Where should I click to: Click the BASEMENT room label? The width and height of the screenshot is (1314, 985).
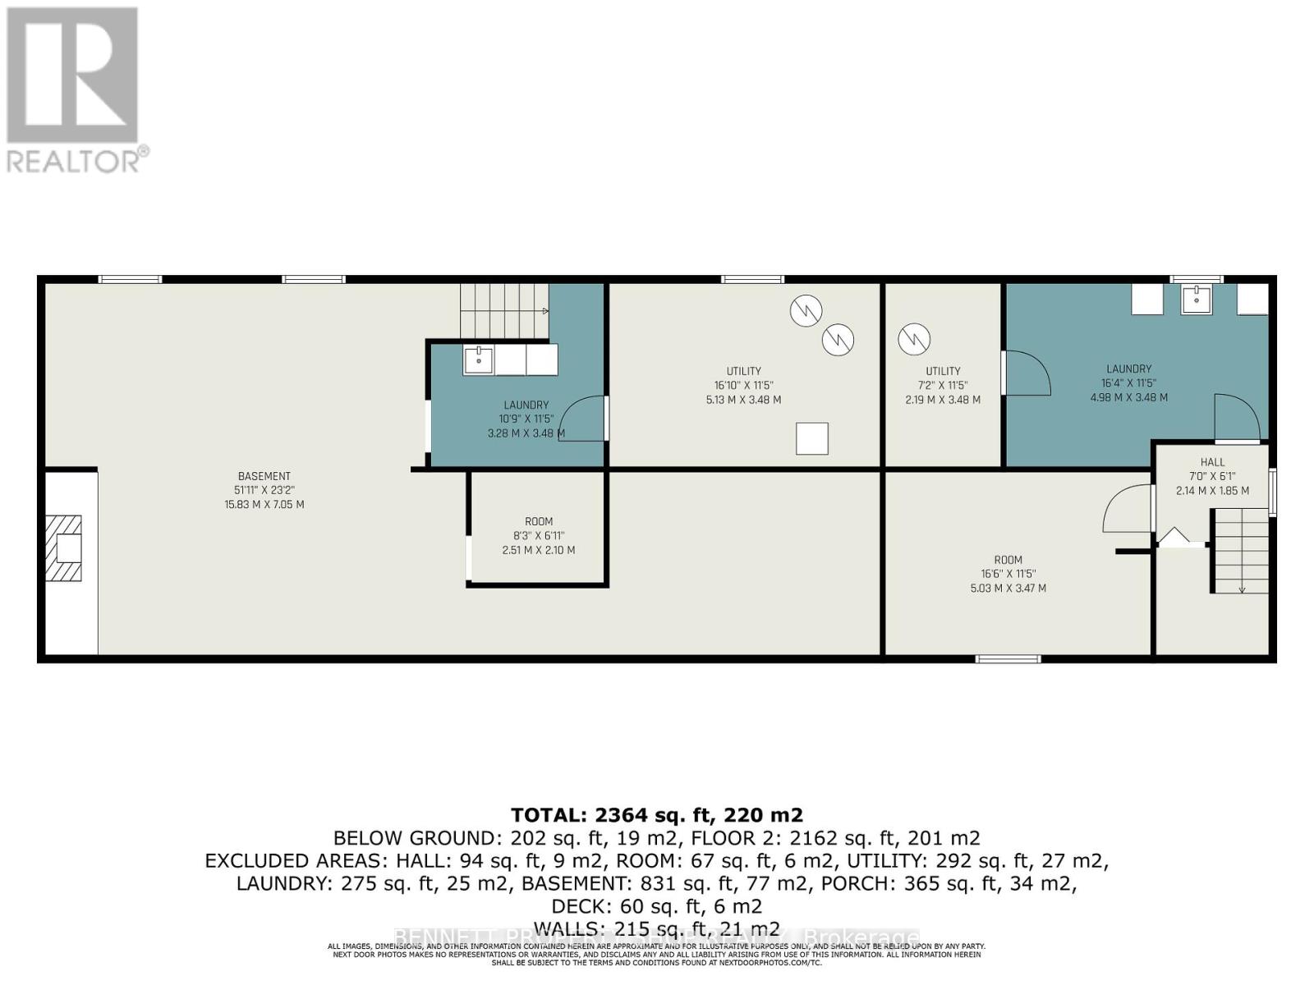pos(264,476)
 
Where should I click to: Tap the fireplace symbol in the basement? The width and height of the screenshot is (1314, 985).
pos(64,547)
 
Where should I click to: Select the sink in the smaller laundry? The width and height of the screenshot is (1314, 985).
pos(478,360)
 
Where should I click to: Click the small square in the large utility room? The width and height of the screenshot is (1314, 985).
pos(811,438)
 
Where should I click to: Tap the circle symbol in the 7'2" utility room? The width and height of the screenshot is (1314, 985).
pos(913,338)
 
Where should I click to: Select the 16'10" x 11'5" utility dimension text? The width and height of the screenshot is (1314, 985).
pos(743,385)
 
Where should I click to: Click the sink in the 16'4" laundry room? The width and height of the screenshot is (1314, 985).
pos(1197,300)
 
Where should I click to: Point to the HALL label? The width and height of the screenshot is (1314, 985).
pos(1212,462)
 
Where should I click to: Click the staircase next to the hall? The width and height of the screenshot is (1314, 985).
pos(1241,550)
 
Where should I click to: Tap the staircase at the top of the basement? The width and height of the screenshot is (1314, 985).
pos(503,310)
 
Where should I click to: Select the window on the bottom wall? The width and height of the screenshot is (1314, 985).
pos(1008,658)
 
